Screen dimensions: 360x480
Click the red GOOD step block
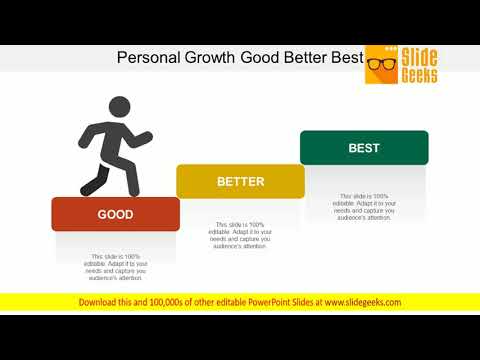pyautogui.click(x=115, y=214)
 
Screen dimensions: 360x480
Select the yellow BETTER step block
pyautogui.click(x=240, y=182)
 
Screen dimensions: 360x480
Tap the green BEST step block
pyautogui.click(x=364, y=148)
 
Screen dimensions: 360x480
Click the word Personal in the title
pyautogui.click(x=149, y=57)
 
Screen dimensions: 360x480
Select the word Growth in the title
pyautogui.click(x=211, y=57)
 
